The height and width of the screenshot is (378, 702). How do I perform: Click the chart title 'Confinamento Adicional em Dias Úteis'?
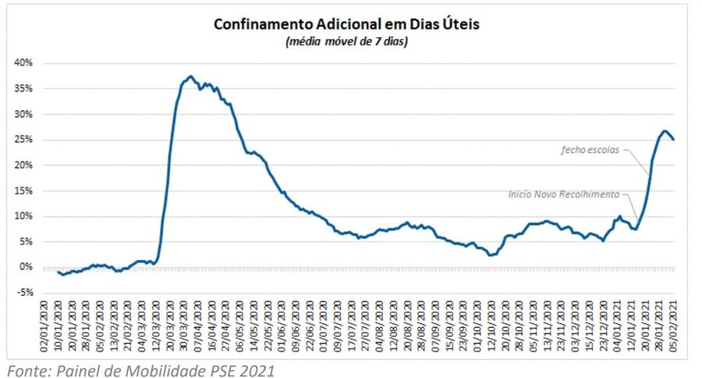(346, 24)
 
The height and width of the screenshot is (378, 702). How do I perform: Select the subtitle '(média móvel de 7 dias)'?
(346, 41)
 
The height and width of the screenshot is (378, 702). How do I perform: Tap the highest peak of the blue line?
(190, 77)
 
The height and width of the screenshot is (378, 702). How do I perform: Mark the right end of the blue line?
(674, 139)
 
